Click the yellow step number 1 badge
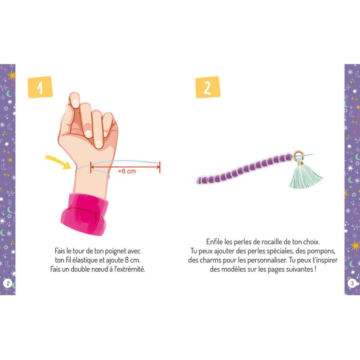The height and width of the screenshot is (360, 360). pyautogui.click(x=40, y=87)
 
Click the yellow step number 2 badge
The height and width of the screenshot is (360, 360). pyautogui.click(x=208, y=87)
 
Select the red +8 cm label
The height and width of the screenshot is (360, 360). pyautogui.click(x=127, y=171)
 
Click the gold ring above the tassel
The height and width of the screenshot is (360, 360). pyautogui.click(x=298, y=155)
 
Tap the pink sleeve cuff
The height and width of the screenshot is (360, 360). pyautogui.click(x=85, y=213)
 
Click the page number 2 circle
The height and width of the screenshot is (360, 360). pyautogui.click(x=8, y=283)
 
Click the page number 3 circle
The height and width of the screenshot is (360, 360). pyautogui.click(x=352, y=283)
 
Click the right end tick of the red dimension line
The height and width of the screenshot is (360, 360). pyautogui.click(x=160, y=167)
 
